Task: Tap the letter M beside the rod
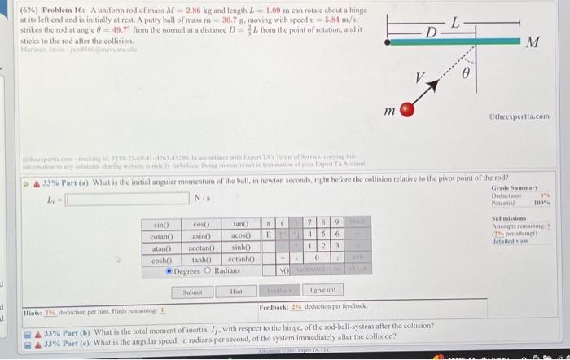point(533,42)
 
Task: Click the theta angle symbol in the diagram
point(465,73)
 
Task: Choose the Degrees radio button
point(170,270)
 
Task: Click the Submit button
point(193,291)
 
